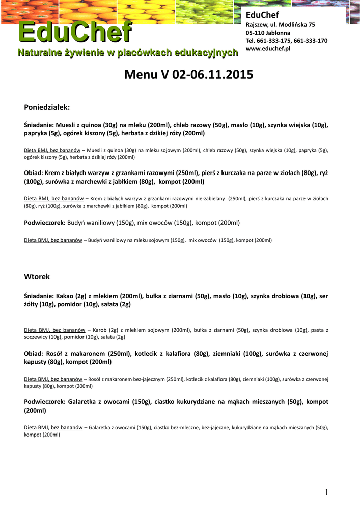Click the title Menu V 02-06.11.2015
(188, 76)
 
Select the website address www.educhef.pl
(268, 48)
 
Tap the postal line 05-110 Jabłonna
(268, 33)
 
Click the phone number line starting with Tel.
(286, 41)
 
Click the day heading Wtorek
(37, 277)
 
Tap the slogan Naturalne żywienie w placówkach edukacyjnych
(127, 53)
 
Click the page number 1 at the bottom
(327, 491)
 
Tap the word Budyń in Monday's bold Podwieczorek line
(77, 223)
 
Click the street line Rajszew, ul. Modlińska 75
(280, 25)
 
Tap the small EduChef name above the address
(263, 15)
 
